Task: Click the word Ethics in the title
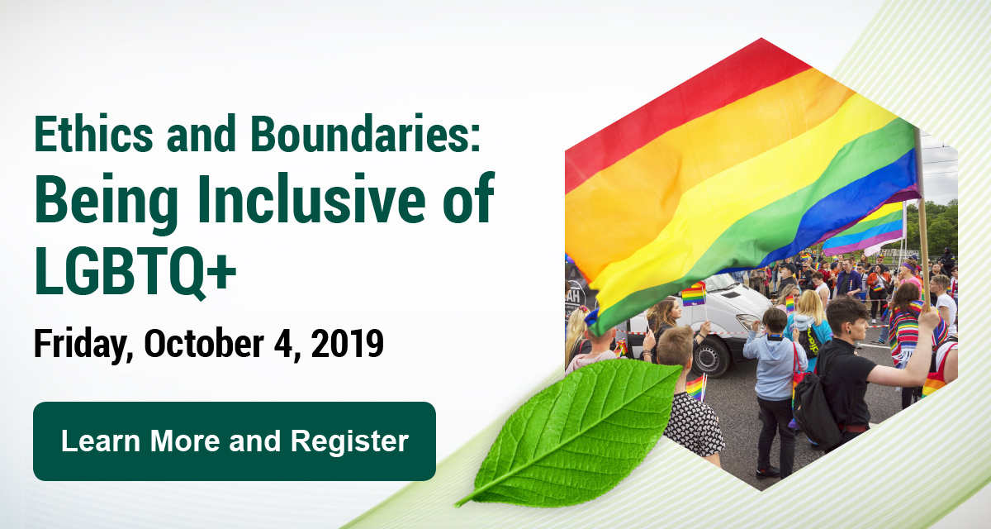tap(94, 134)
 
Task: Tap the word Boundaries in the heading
tap(365, 134)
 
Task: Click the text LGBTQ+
tap(135, 269)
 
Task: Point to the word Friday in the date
tap(83, 345)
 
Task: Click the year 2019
tap(348, 343)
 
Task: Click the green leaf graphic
tap(570, 431)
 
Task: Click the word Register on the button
tap(349, 441)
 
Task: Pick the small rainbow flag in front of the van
tap(693, 295)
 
